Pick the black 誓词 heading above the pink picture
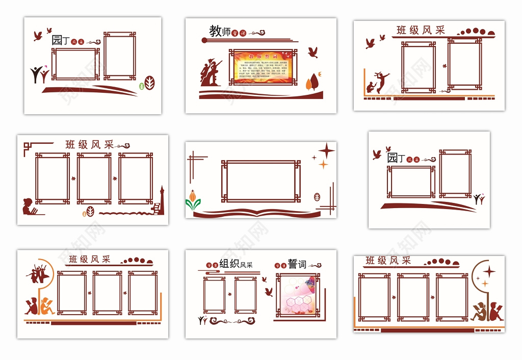pos(297,264)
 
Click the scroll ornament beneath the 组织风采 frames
pos(232,321)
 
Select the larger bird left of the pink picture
pos(269,292)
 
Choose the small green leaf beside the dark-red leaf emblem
pos(141,86)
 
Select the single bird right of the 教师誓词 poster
pos(313,52)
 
